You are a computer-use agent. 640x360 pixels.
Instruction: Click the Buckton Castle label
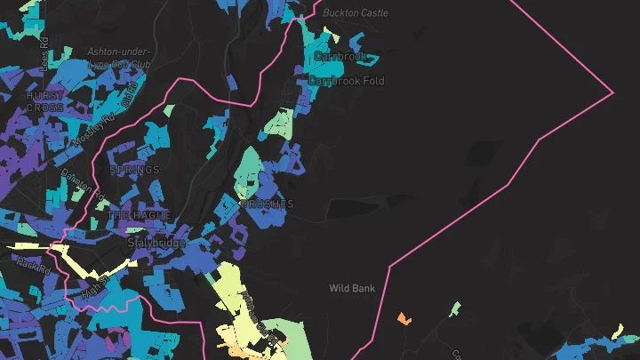tap(356, 13)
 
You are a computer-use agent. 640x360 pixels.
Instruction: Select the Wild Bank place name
tap(352, 288)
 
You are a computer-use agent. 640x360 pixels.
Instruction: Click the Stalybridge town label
tap(156, 243)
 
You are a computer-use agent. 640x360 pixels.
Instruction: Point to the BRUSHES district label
tap(267, 204)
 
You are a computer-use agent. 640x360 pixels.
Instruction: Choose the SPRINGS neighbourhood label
tap(134, 170)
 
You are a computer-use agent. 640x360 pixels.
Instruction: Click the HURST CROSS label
tap(44, 101)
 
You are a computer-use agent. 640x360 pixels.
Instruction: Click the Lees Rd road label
tap(44, 58)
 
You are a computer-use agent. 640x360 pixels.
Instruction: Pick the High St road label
tap(93, 286)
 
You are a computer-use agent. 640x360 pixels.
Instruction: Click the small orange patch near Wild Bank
tap(404, 317)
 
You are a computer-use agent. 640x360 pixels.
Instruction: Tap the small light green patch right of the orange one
tap(455, 309)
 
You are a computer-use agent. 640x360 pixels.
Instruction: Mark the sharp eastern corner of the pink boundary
tap(613, 92)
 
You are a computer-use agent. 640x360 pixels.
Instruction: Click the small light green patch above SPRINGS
tap(169, 111)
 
